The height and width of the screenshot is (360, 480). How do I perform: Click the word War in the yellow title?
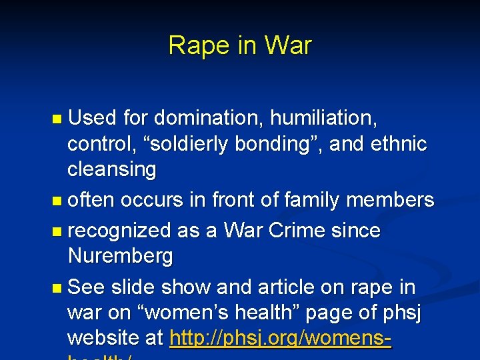tap(287, 45)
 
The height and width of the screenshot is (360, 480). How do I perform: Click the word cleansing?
tap(111, 170)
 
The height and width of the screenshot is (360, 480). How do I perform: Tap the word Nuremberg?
tap(120, 256)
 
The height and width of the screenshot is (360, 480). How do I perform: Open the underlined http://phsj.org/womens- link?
tap(281, 339)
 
